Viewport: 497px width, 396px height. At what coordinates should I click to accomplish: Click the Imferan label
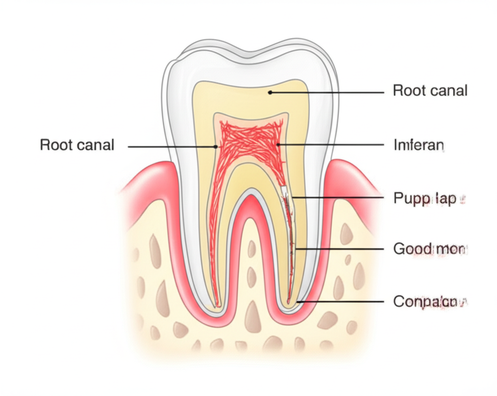click(x=418, y=145)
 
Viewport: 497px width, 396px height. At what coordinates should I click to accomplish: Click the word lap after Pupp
click(x=445, y=198)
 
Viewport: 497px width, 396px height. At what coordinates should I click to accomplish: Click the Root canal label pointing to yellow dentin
click(x=430, y=90)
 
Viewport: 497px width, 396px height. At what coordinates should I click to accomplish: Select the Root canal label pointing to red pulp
click(x=77, y=145)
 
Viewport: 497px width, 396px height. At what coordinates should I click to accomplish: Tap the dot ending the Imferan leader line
click(x=278, y=145)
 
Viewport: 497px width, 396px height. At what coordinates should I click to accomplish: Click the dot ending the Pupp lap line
click(x=292, y=197)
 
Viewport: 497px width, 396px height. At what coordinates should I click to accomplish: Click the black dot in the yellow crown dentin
click(x=270, y=91)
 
